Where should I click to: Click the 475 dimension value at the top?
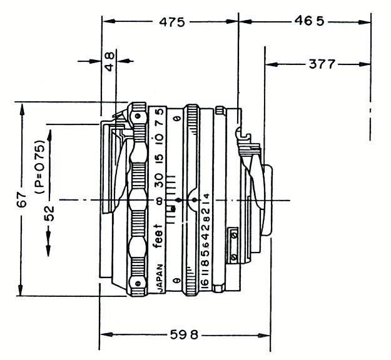point(171,22)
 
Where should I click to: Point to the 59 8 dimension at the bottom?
point(185,334)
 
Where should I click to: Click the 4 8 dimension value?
point(109,61)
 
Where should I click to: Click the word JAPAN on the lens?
point(160,277)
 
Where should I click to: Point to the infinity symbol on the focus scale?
point(160,201)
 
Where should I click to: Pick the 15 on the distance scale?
point(160,158)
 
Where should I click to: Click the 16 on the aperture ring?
point(205,280)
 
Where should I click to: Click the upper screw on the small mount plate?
point(234,234)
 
